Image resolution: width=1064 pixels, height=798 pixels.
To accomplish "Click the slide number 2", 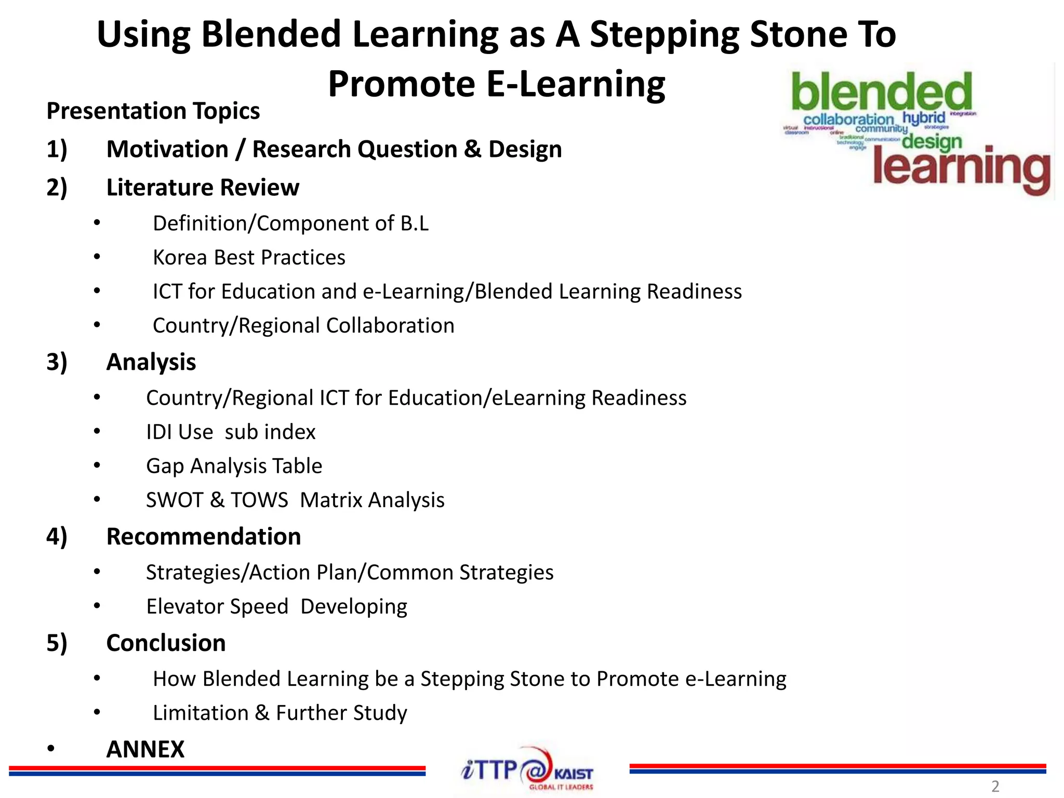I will [995, 786].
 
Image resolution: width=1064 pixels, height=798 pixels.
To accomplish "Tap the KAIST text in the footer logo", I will [573, 774].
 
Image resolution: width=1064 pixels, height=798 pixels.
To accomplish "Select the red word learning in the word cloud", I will [961, 167].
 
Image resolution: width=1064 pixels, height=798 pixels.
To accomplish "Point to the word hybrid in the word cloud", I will [923, 118].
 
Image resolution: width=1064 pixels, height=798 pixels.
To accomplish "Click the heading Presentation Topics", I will [153, 111].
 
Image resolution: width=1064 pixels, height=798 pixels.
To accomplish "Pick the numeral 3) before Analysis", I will [57, 362].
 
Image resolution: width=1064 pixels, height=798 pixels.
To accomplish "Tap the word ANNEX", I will [145, 749].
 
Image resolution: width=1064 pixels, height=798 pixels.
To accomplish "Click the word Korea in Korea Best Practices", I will [179, 257].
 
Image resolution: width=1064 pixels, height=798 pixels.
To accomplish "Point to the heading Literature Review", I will [203, 187].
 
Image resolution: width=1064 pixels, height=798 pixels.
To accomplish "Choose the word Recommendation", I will [203, 536].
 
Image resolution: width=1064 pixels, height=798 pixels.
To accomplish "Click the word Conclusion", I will [166, 643].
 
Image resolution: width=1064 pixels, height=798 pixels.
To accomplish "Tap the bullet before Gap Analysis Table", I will [97, 465].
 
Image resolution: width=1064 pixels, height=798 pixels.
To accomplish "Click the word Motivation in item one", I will [167, 149].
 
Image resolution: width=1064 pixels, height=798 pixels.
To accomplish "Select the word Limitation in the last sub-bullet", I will [201, 713].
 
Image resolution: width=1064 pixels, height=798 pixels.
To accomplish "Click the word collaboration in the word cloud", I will [848, 120].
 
